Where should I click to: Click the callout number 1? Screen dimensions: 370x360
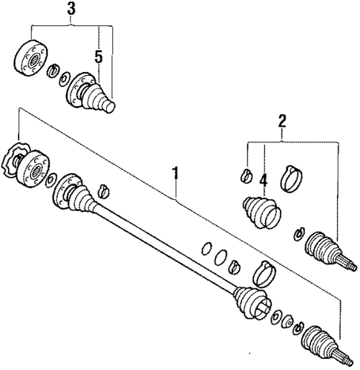(x=175, y=175)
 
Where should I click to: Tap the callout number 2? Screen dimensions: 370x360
(x=281, y=121)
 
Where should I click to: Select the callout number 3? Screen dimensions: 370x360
(x=71, y=10)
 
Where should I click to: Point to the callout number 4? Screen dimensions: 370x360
(x=264, y=178)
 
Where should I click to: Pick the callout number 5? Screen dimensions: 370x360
(x=97, y=56)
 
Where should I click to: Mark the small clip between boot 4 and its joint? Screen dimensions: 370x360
(x=299, y=233)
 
